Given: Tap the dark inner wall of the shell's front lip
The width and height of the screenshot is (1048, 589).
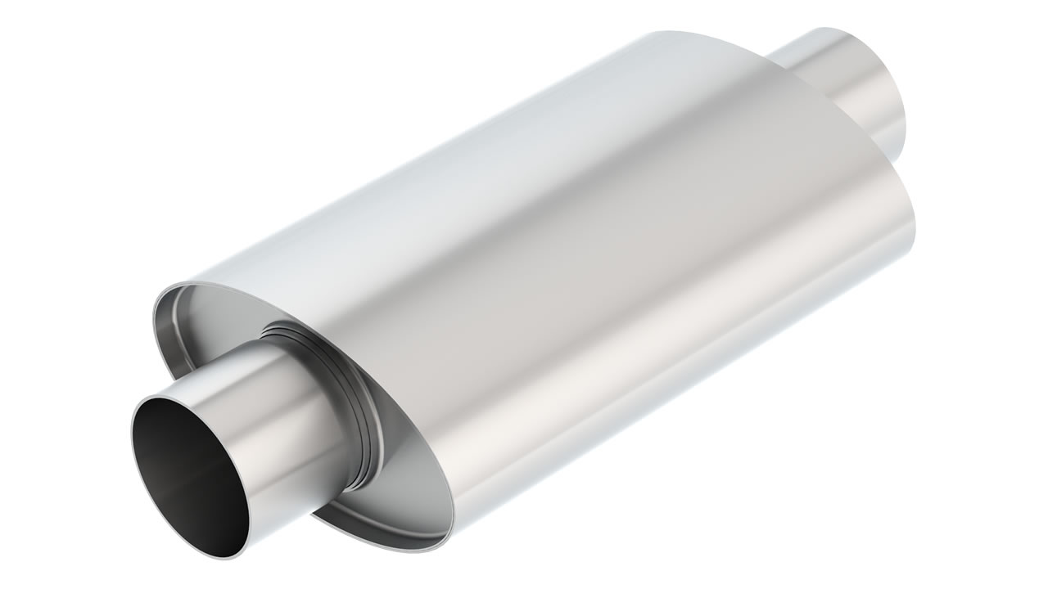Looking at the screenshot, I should (x=172, y=327).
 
